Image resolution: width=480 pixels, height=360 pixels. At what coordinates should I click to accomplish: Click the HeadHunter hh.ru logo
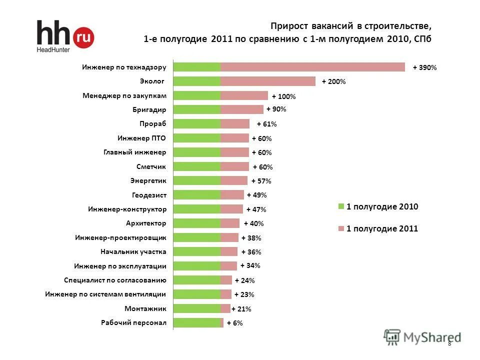(65, 36)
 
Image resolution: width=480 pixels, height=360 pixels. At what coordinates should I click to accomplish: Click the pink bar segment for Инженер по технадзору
(312, 67)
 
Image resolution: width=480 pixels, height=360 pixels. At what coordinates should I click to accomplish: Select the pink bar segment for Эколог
(268, 81)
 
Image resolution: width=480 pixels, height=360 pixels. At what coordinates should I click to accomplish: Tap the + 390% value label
(424, 67)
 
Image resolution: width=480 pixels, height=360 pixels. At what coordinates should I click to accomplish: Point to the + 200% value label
(333, 81)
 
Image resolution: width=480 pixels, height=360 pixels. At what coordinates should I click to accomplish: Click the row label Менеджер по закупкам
(124, 95)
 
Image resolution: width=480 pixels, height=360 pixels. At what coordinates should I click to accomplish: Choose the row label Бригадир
(149, 109)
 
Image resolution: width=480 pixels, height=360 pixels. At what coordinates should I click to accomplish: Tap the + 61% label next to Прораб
(266, 124)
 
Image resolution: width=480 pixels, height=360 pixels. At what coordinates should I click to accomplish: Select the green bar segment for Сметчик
(197, 166)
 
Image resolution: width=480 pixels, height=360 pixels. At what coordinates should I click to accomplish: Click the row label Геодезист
(149, 194)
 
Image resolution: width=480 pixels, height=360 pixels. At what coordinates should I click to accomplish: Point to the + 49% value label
(256, 195)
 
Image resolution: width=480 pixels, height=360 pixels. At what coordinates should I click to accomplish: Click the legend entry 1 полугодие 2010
(382, 206)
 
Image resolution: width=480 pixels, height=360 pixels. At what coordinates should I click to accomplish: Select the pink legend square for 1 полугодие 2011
(341, 229)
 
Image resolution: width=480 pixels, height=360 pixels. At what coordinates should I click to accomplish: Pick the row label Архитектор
(146, 222)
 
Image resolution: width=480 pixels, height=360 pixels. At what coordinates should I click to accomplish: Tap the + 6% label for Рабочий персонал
(234, 323)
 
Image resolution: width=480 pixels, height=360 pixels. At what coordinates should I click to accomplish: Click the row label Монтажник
(145, 308)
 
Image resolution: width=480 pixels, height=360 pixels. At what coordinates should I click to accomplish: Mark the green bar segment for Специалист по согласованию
(197, 280)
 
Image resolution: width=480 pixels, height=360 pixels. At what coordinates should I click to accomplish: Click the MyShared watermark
(422, 337)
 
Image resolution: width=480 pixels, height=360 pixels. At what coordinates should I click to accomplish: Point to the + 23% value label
(244, 294)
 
